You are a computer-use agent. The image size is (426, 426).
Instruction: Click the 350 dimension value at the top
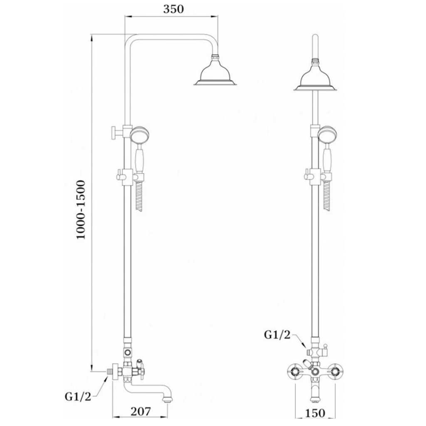(x=173, y=9)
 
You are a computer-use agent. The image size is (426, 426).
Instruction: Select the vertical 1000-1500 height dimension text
(x=81, y=210)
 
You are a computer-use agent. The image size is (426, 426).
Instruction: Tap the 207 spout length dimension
(x=141, y=411)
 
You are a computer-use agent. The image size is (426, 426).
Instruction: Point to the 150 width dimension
(x=315, y=413)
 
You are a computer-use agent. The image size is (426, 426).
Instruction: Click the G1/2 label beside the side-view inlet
(x=78, y=397)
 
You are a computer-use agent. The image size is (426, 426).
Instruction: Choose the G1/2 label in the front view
(x=277, y=335)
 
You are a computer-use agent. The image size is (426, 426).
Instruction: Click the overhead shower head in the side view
(x=215, y=72)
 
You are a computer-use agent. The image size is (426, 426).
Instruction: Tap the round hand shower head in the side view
(x=140, y=135)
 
